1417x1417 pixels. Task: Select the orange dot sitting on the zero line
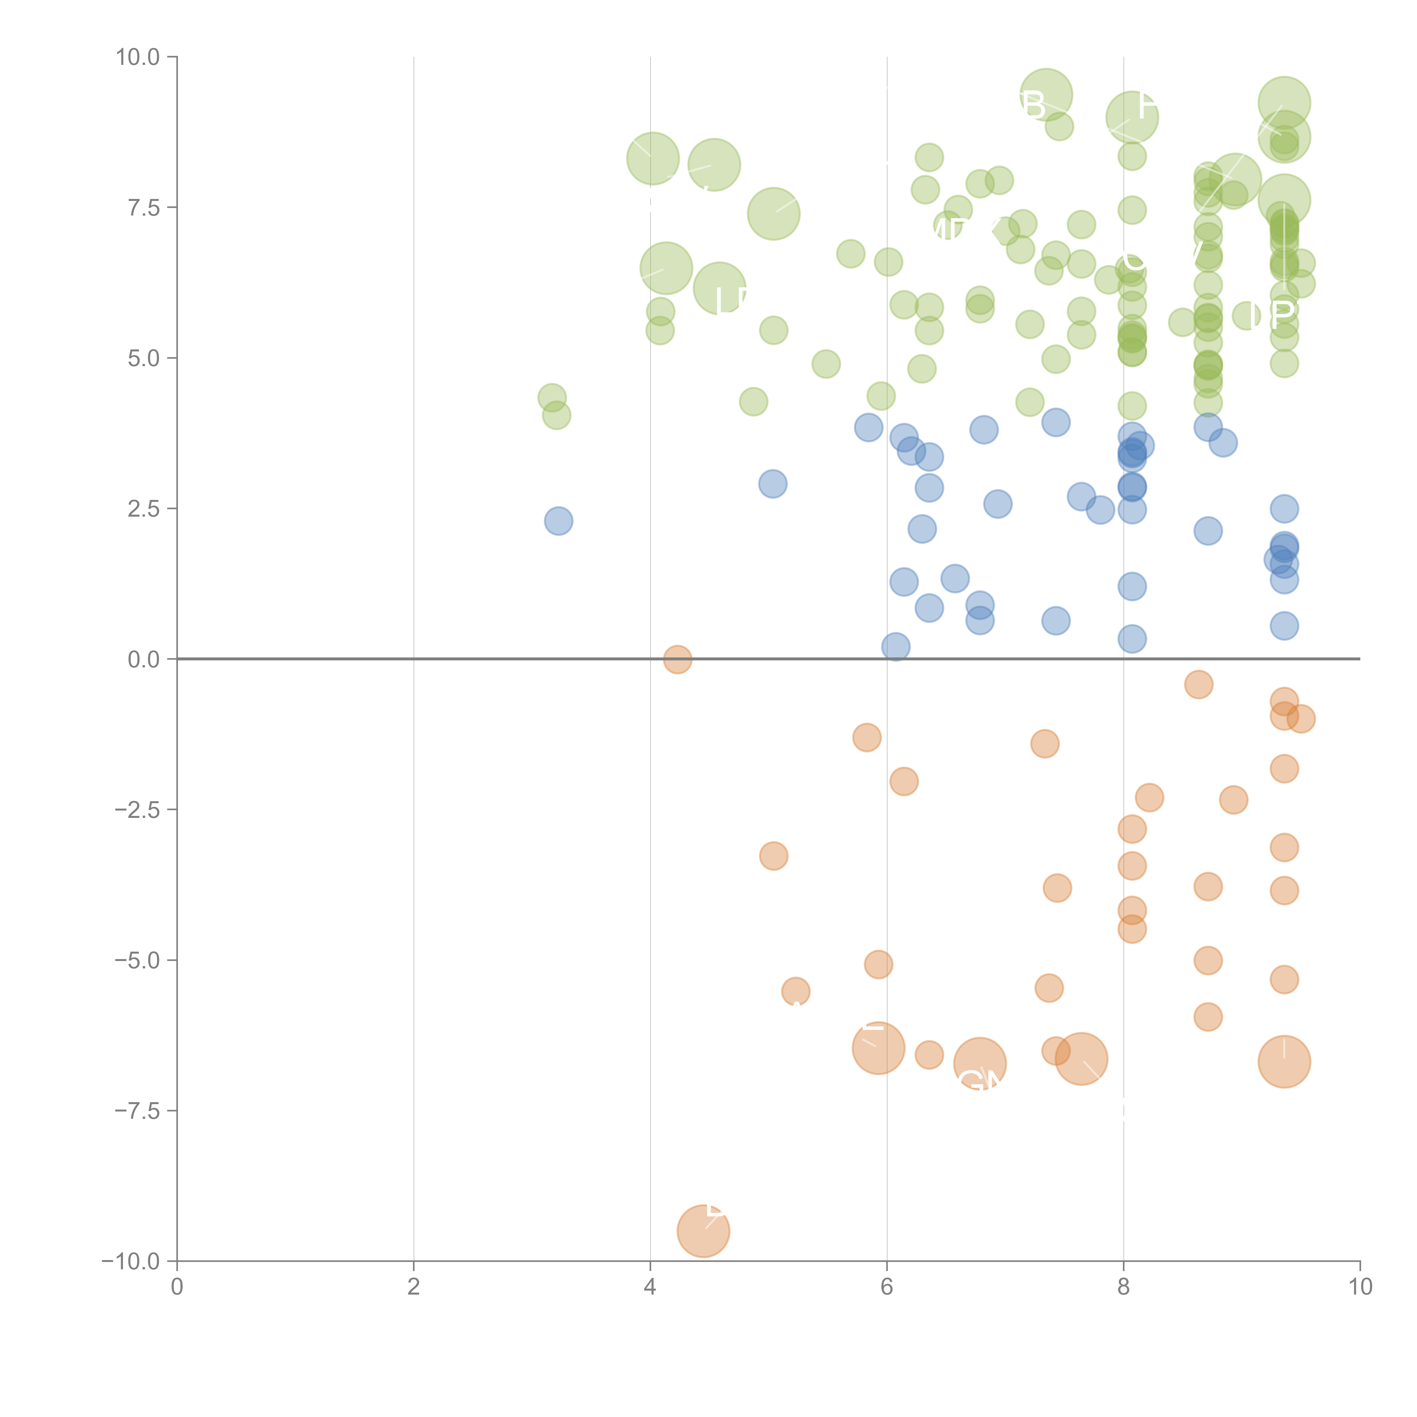(x=677, y=659)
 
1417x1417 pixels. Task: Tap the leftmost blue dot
(x=558, y=521)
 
